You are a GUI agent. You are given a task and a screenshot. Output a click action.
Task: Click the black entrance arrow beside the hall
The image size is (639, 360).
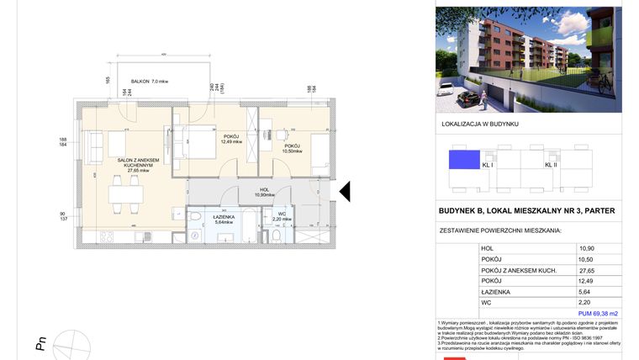344,193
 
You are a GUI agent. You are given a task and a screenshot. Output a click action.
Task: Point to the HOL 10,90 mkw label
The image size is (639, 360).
264,193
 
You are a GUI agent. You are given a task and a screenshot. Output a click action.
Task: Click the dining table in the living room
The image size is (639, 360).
124,198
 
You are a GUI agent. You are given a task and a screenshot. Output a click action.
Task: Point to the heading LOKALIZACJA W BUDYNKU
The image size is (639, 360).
479,124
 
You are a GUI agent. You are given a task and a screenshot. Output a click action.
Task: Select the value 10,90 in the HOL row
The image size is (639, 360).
586,249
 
